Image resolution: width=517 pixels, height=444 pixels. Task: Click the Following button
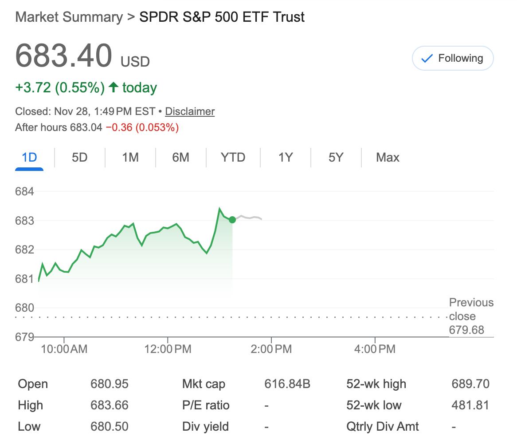(x=453, y=58)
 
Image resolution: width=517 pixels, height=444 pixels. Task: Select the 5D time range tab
(x=79, y=158)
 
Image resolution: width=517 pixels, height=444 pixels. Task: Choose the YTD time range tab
(x=233, y=158)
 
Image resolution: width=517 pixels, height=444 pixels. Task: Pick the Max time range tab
(x=388, y=158)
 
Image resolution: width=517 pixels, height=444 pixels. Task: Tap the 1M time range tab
(x=130, y=158)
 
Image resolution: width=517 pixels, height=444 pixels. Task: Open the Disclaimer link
(x=190, y=111)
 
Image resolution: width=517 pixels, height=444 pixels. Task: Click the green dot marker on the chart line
(x=232, y=219)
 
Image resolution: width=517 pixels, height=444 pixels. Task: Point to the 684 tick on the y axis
(x=24, y=192)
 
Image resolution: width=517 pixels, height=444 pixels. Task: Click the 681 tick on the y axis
(x=24, y=279)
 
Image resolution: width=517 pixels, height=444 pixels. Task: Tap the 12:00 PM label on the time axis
(x=168, y=349)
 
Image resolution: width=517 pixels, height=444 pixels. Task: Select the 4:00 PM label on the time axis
(x=375, y=349)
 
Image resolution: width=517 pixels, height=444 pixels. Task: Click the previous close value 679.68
(x=466, y=330)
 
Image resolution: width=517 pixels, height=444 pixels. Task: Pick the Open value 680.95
(x=110, y=384)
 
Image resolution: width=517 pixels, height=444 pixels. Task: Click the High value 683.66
(x=110, y=405)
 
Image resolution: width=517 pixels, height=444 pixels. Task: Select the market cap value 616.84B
(x=287, y=384)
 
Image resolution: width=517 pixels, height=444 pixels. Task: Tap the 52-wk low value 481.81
(x=470, y=405)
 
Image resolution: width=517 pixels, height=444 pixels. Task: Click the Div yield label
(x=205, y=427)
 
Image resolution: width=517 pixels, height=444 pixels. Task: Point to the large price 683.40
(x=63, y=55)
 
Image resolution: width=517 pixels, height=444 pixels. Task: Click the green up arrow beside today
(x=114, y=87)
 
